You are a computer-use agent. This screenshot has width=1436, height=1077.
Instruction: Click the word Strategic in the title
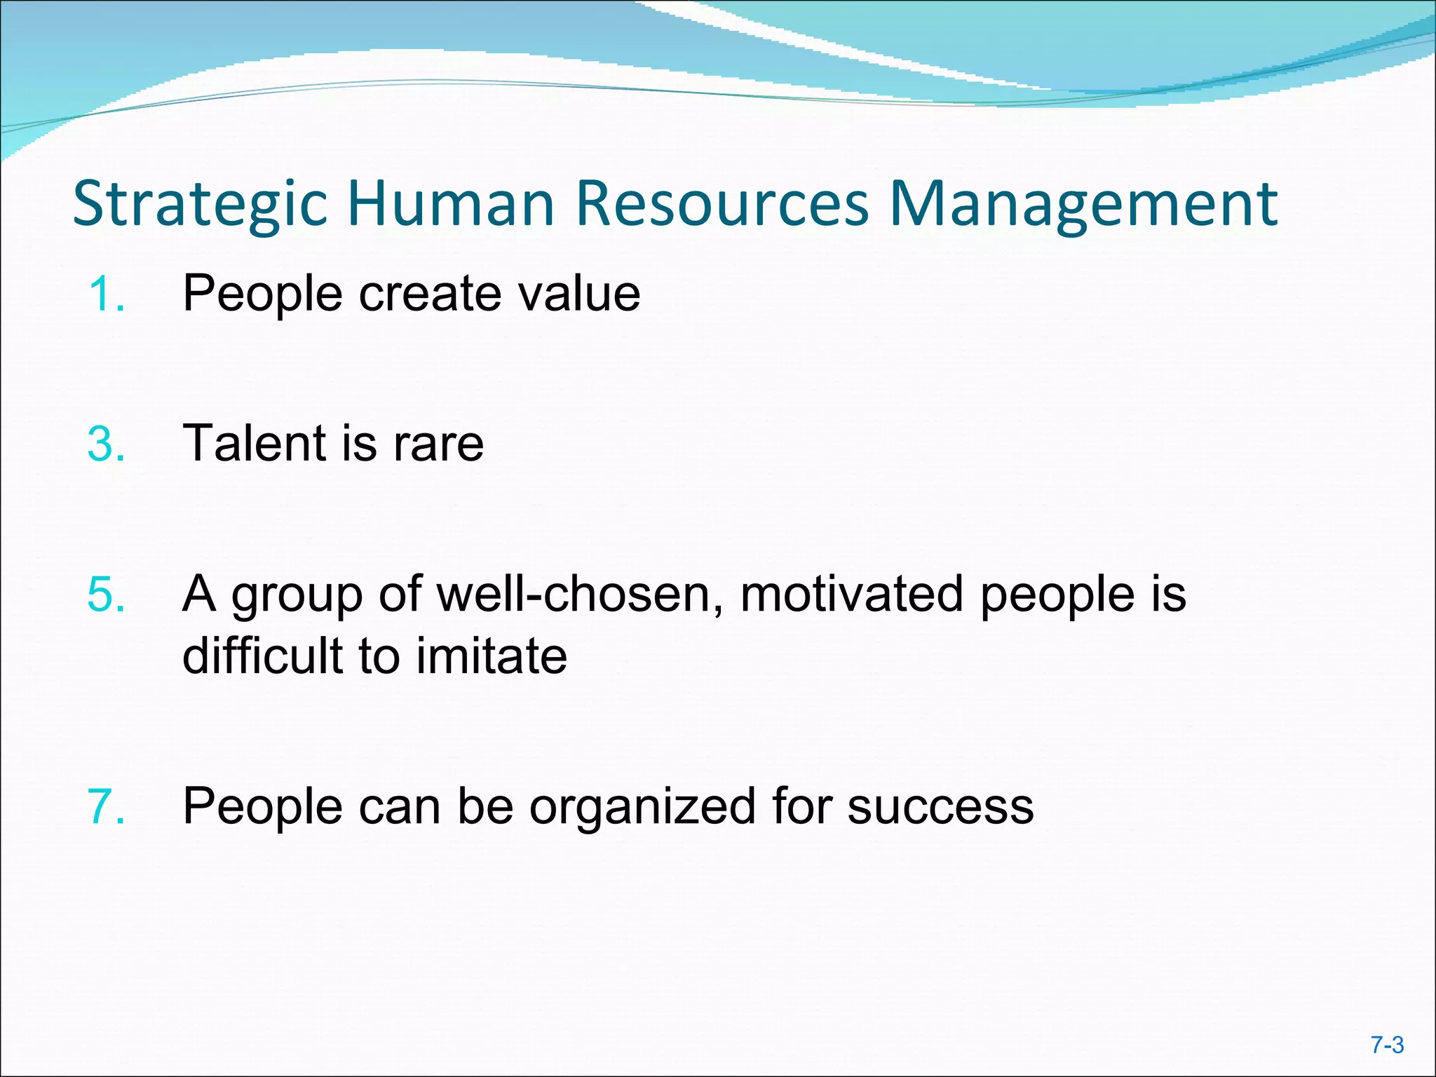click(201, 205)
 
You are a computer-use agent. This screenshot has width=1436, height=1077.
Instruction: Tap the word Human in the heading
click(451, 205)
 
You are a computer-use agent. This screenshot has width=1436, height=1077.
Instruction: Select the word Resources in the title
click(722, 205)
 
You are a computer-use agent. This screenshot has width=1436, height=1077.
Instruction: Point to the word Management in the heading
click(1083, 205)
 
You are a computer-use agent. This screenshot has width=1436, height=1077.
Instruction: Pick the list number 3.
click(107, 444)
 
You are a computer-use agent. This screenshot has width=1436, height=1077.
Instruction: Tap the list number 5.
click(107, 595)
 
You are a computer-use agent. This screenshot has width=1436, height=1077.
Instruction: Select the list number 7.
click(107, 806)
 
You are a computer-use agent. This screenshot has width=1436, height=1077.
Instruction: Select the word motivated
click(852, 595)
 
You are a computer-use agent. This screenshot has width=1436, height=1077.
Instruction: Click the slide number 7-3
click(1388, 1045)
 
